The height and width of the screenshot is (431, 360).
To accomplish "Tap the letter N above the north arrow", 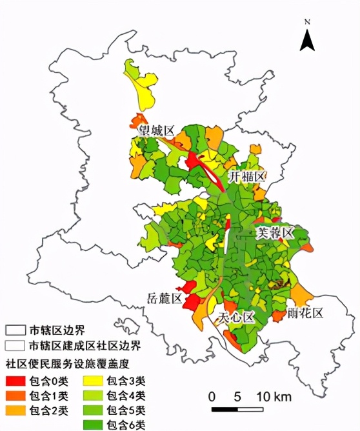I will pyautogui.click(x=308, y=22).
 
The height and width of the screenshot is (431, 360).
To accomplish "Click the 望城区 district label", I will pyautogui.click(x=157, y=131).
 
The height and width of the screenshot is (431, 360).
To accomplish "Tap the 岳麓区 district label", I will pyautogui.click(x=162, y=298).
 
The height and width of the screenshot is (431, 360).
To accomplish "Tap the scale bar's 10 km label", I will pyautogui.click(x=275, y=396).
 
